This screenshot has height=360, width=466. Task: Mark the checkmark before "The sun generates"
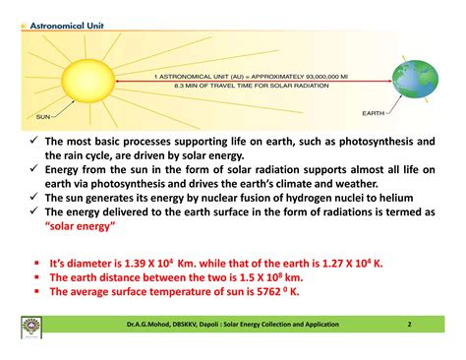[32, 197]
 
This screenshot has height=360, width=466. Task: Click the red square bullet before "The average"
[35, 291]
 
